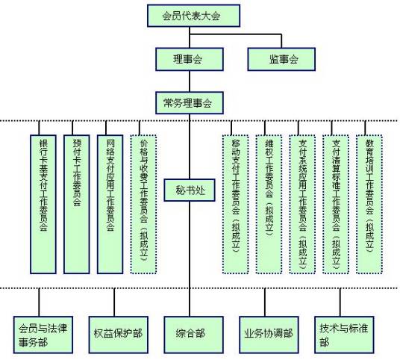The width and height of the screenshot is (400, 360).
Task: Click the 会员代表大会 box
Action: pyautogui.click(x=193, y=16)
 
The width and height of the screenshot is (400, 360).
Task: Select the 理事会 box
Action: pyautogui.click(x=190, y=59)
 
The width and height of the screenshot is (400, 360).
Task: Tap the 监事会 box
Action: pyautogui.click(x=281, y=59)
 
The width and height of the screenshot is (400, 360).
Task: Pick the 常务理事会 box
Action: pyautogui.click(x=190, y=103)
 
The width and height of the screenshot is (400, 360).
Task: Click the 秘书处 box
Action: pyautogui.click(x=190, y=190)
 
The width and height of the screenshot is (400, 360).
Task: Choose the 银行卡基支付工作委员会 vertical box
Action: pyautogui.click(x=43, y=204)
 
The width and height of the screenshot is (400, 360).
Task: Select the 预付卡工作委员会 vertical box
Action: pyautogui.click(x=77, y=204)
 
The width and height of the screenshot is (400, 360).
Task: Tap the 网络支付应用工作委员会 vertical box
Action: pyautogui.click(x=110, y=204)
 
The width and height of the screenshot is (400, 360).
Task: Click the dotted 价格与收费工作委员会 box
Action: pyautogui.click(x=143, y=204)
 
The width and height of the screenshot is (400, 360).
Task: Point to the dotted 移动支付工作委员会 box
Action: pyautogui.click(x=236, y=204)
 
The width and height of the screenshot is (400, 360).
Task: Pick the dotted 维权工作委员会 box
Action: pyautogui.click(x=269, y=204)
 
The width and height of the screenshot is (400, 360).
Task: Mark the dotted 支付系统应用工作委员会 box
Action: pyautogui.click(x=302, y=204)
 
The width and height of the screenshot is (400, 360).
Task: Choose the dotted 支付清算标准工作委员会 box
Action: pyautogui.click(x=336, y=204)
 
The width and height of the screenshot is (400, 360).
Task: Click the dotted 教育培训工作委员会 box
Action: pyautogui.click(x=369, y=204)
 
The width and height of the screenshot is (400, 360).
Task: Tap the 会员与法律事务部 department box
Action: pyautogui.click(x=43, y=335)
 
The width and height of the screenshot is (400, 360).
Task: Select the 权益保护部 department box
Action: pyautogui.click(x=119, y=335)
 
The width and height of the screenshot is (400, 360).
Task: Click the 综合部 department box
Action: pyautogui.click(x=193, y=335)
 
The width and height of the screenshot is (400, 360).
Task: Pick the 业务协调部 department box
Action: pyautogui.click(x=269, y=335)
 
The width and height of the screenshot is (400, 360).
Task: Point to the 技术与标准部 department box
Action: pyautogui.click(x=344, y=335)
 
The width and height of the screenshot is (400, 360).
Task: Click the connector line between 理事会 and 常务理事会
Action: pyautogui.click(x=190, y=81)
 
